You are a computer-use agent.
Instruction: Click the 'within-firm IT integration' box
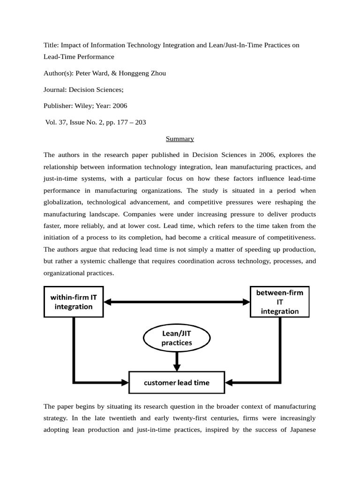point(74,301)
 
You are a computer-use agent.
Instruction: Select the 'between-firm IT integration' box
point(279,301)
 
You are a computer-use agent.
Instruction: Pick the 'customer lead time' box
point(176,382)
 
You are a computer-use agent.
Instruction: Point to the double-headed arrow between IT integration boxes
point(177,301)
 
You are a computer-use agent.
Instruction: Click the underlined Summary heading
point(180,139)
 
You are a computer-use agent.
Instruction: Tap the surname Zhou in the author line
point(157,73)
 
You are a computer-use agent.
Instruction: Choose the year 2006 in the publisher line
point(119,106)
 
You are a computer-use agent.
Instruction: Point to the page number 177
point(113,122)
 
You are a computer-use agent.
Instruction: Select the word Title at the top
point(51,45)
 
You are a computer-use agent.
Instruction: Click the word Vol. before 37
point(52,122)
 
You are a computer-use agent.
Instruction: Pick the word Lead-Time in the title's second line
point(60,57)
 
